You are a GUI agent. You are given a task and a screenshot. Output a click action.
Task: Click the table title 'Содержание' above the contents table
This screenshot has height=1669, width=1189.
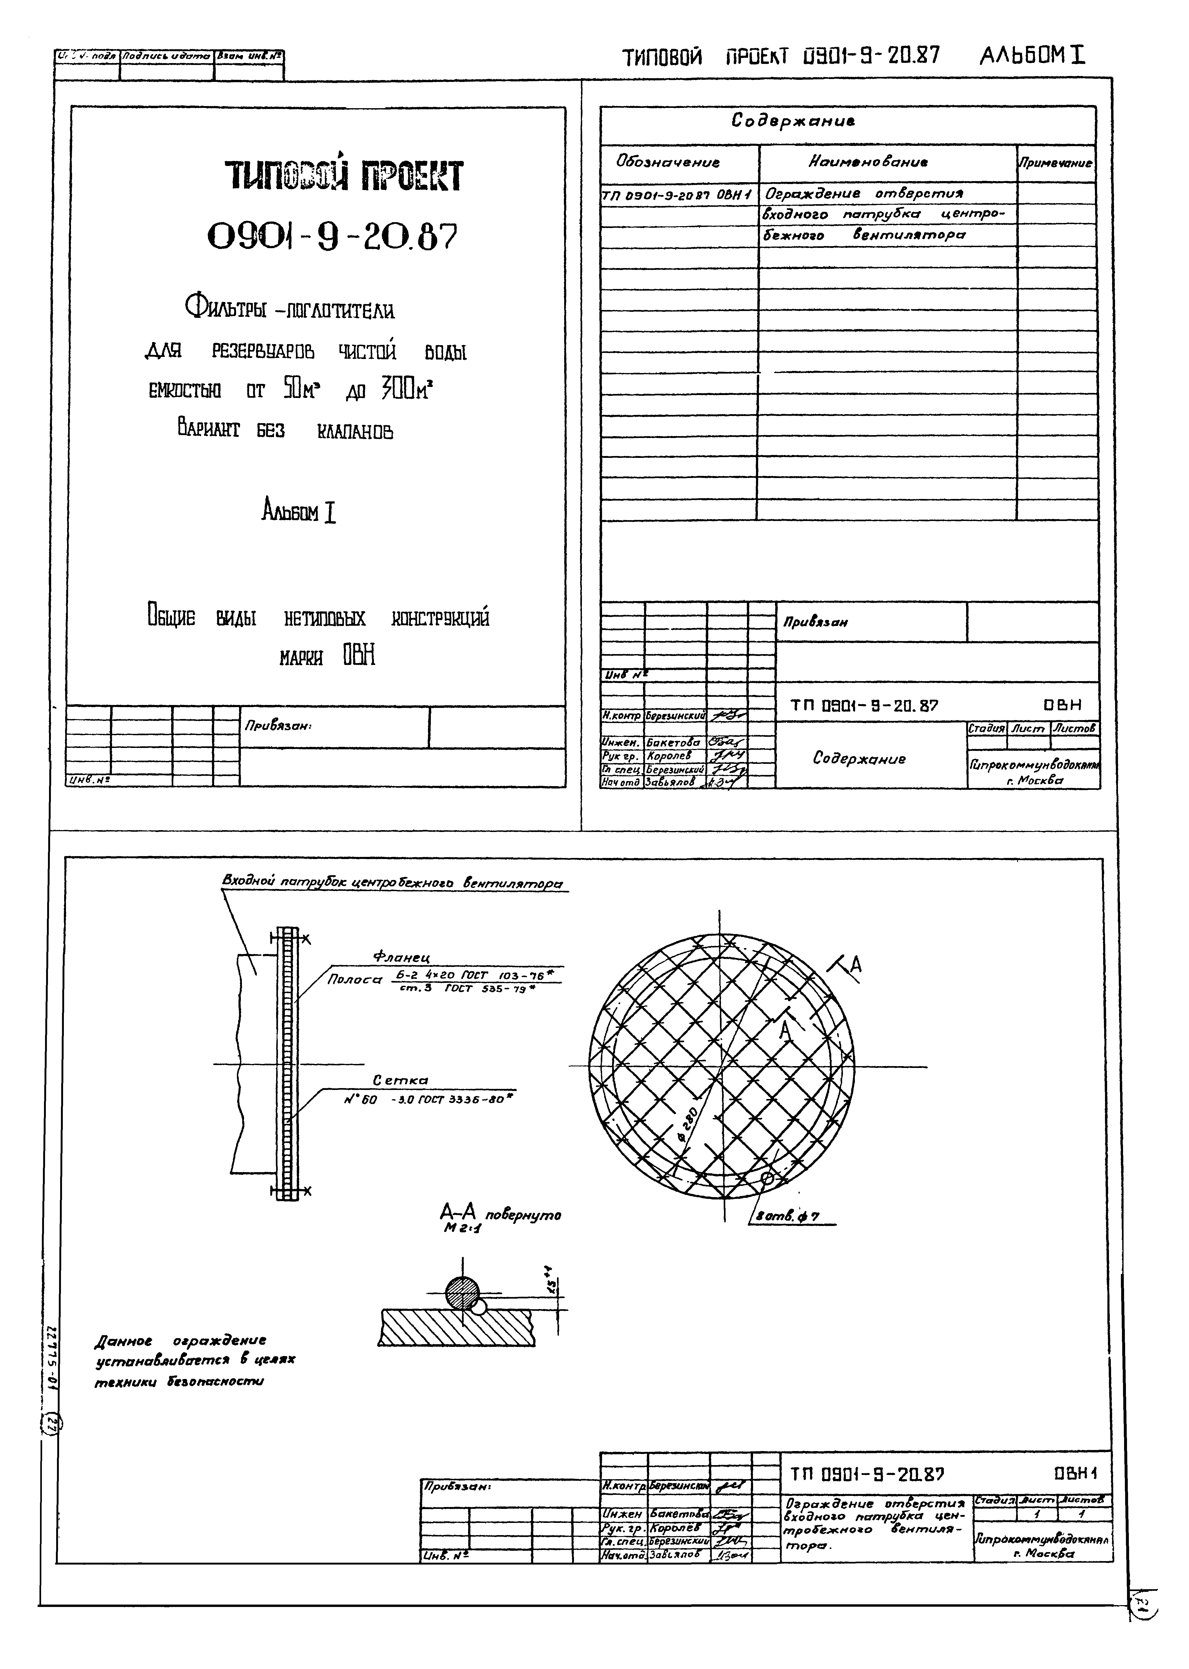click(793, 121)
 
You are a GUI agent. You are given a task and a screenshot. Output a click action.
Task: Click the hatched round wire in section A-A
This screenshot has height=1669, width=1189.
click(462, 1293)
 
